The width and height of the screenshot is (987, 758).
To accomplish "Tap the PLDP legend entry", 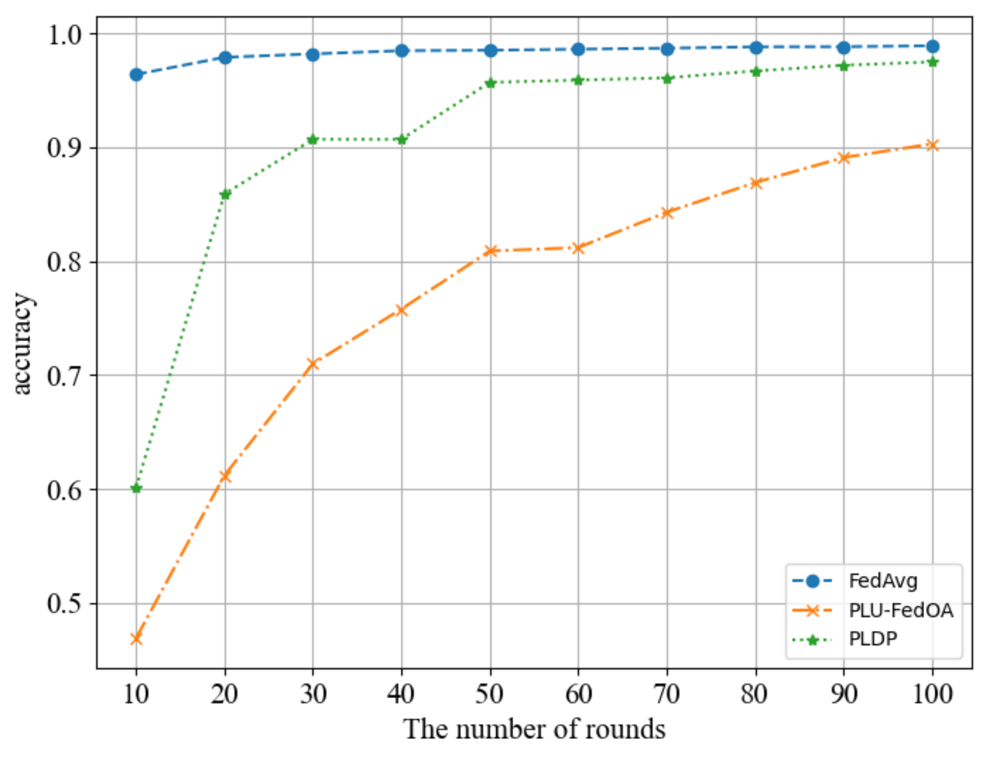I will click(872, 639).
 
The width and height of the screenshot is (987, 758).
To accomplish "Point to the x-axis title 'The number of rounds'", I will click(534, 729).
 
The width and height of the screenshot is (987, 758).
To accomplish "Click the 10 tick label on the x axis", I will click(136, 694).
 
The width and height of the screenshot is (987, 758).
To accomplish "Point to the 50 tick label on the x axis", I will click(490, 694).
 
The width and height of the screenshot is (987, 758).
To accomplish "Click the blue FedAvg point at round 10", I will click(136, 74).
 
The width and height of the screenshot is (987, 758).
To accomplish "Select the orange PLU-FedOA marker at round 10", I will click(136, 639).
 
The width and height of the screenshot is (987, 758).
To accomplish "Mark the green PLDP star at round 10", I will click(136, 488).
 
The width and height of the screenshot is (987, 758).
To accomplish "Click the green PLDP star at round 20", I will click(225, 195).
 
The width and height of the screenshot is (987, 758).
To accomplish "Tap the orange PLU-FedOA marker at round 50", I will click(491, 251).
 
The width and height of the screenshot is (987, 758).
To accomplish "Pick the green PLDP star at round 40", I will click(402, 139).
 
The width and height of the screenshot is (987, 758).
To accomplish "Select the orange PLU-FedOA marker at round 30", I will click(313, 364).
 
